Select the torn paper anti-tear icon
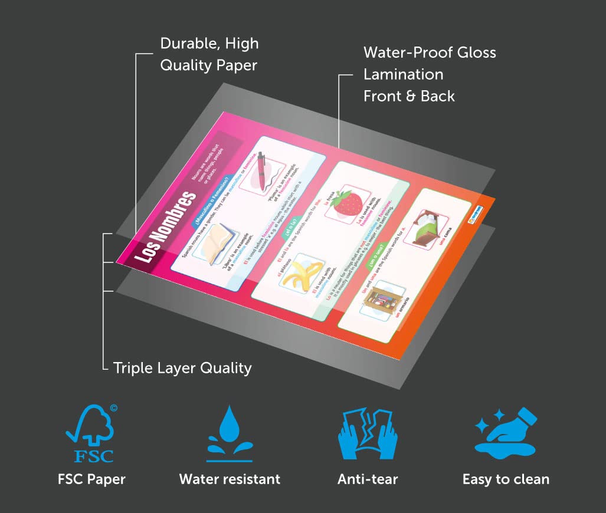pos(368,432)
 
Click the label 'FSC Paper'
pos(91,479)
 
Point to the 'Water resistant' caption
pos(230,479)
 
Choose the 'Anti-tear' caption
pos(368,479)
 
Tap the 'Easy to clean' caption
pos(506,479)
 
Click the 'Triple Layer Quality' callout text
pos(182,369)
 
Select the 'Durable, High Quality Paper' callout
pos(209,54)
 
